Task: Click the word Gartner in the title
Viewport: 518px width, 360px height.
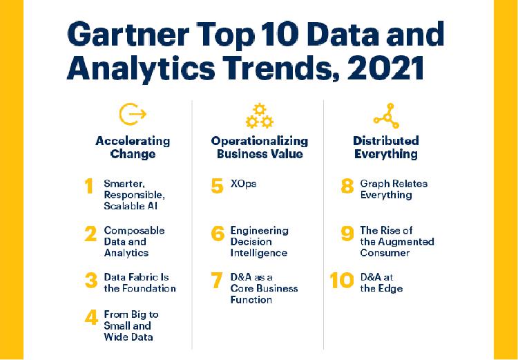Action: [x=128, y=34]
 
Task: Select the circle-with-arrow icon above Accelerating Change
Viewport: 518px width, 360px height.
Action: [x=133, y=114]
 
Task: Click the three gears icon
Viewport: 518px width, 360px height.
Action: [x=259, y=115]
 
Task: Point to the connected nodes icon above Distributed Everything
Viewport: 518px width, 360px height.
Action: [x=387, y=115]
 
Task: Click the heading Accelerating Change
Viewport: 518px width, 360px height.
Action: [x=133, y=147]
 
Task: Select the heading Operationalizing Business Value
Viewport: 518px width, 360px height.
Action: [x=259, y=147]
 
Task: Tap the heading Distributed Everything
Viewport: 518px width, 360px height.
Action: [x=386, y=147]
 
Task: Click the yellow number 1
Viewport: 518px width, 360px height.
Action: [x=88, y=186]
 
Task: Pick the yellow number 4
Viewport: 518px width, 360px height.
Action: [x=91, y=318]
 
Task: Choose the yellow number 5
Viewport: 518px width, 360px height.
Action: [x=218, y=186]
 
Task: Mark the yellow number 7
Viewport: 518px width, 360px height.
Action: [x=217, y=281]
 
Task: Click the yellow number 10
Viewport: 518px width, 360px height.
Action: [x=342, y=281]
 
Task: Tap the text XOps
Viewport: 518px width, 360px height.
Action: [x=243, y=184]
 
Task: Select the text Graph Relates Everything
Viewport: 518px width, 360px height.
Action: [x=394, y=189]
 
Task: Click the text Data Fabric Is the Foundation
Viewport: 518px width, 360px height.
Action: [x=140, y=283]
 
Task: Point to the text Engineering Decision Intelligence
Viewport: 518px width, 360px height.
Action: [x=259, y=242]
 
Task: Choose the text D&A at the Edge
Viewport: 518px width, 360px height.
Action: [x=381, y=283]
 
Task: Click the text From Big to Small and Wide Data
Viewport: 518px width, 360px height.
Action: [x=131, y=325]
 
